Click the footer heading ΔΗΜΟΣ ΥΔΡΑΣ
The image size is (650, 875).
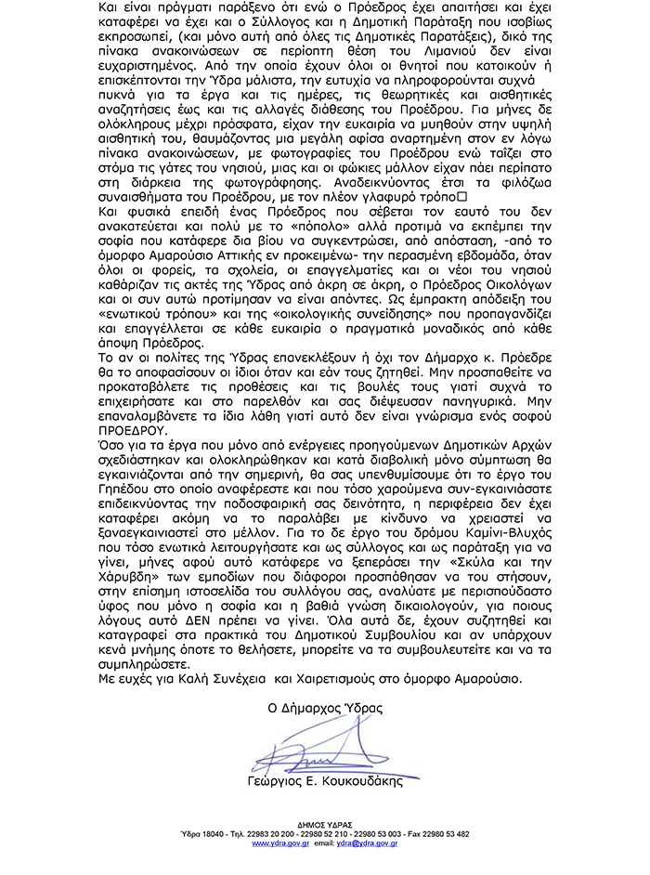click(324, 824)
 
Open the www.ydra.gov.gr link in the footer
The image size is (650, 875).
click(279, 842)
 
